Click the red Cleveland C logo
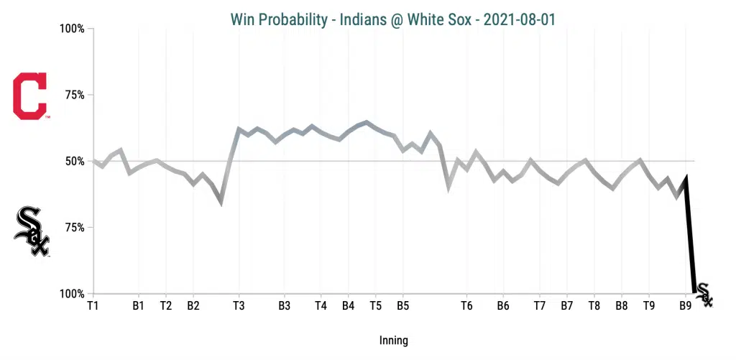coord(30,96)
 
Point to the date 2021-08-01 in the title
coord(519,19)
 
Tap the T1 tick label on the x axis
coord(93,306)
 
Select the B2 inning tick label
coord(193,306)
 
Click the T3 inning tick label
coord(239,306)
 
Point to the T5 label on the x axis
coord(375,306)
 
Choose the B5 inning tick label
coord(402,306)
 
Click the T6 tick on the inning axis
coord(466,306)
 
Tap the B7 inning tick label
coord(567,306)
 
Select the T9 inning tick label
coord(649,306)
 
